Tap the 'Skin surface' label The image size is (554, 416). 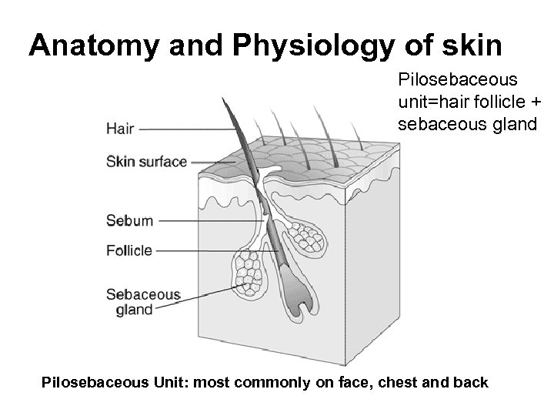point(146,162)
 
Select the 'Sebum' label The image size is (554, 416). point(129,220)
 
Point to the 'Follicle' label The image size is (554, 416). point(129,250)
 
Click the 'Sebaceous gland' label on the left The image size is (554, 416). point(142,301)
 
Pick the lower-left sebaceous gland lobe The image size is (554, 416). point(249,273)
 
